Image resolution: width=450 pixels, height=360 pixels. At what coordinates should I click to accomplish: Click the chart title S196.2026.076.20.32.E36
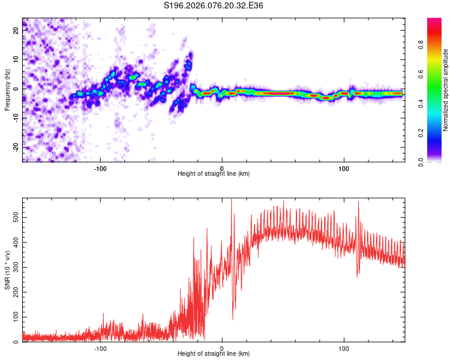tap(214, 5)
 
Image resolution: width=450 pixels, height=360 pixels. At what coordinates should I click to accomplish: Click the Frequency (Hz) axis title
tap(7, 89)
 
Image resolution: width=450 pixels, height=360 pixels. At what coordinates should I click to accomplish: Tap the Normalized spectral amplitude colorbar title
tap(445, 90)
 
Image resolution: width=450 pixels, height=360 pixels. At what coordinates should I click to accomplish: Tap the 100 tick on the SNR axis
tap(14, 316)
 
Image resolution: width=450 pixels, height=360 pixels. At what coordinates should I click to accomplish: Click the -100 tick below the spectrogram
tap(100, 167)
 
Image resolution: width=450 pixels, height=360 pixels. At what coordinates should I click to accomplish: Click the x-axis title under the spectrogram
tap(214, 174)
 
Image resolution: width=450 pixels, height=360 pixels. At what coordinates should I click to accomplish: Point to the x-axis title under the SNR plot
tap(214, 354)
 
